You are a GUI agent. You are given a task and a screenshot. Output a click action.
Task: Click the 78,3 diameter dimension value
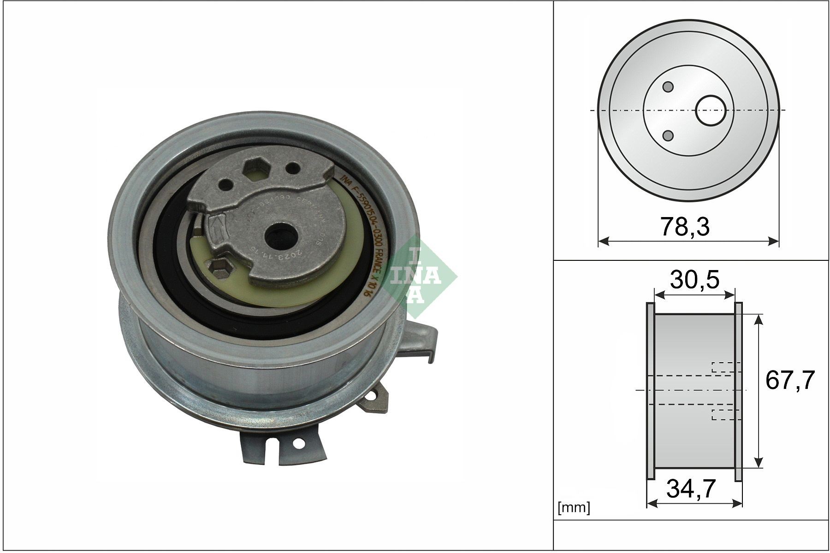coord(685,227)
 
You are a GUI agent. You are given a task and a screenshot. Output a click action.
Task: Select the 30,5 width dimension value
coord(694,279)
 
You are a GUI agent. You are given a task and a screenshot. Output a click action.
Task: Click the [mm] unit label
coord(574,508)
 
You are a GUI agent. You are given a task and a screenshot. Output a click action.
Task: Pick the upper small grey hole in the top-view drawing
coord(668,87)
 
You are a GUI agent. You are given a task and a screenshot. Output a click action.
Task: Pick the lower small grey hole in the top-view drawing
coord(668,135)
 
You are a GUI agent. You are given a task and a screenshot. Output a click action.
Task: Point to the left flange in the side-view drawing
coord(651,391)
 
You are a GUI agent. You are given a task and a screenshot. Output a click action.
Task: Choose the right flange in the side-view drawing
coord(738,391)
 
